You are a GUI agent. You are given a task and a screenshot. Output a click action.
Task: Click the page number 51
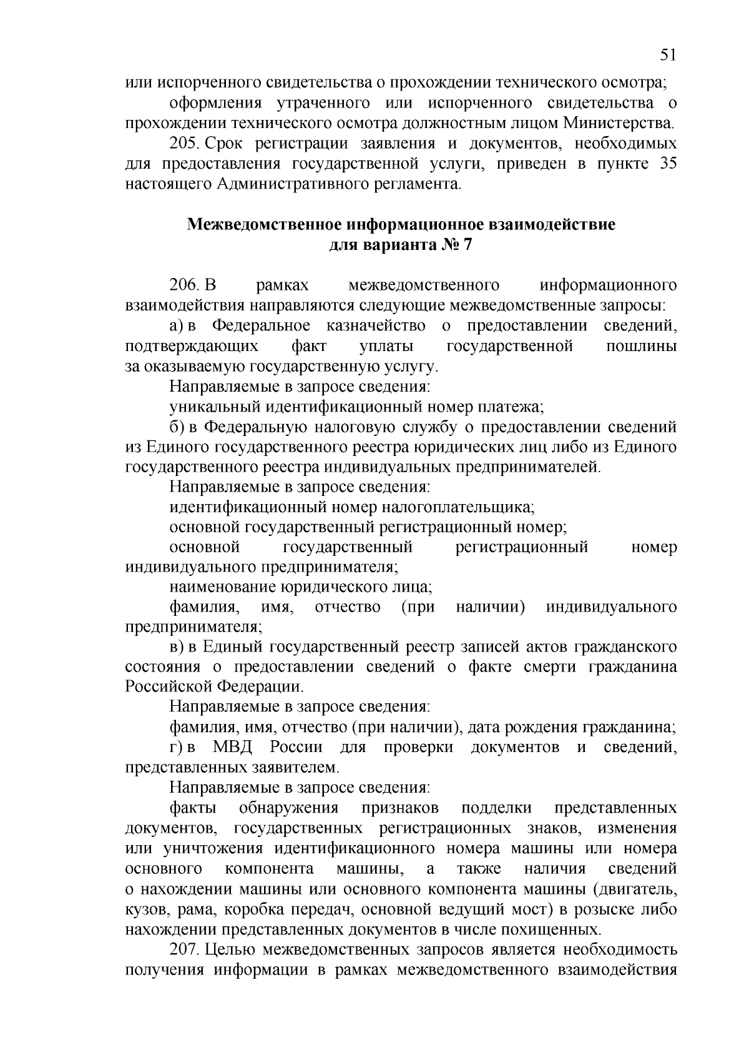[x=667, y=55]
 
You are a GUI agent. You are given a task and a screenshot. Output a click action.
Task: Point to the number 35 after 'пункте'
[x=666, y=164]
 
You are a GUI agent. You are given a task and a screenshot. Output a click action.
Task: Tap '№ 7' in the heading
[x=459, y=245]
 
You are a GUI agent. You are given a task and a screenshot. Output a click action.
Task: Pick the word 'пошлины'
[x=642, y=346]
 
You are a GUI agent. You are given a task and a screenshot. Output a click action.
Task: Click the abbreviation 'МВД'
[x=232, y=748]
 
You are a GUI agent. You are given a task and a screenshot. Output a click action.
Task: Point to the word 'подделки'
[x=496, y=808]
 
